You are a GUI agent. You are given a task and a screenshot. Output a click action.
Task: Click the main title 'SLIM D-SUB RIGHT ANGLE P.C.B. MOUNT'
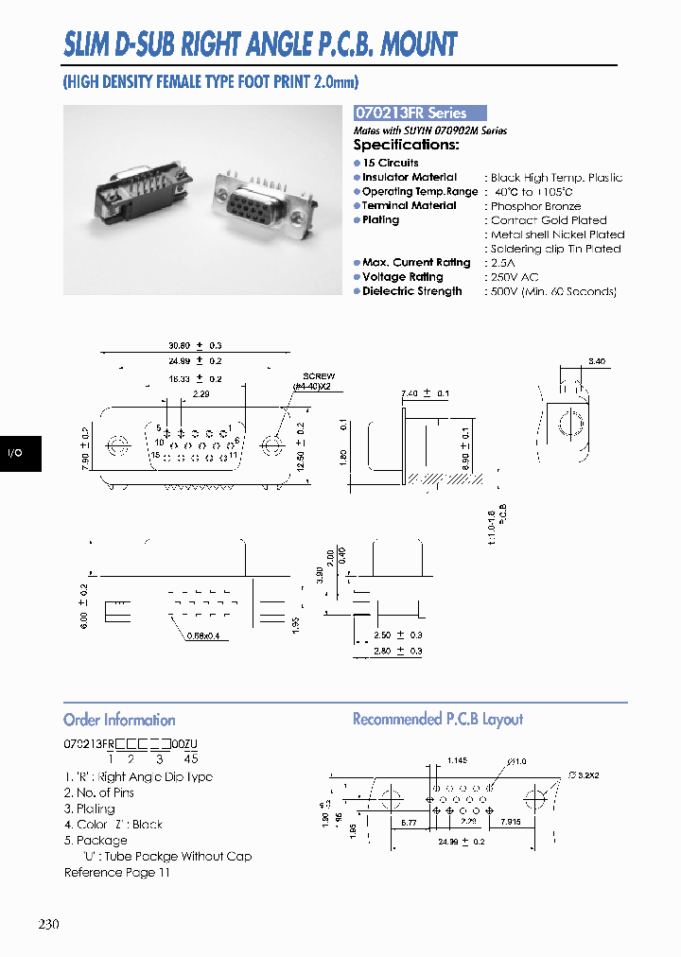(260, 43)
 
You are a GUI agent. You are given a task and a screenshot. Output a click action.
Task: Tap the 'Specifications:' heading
(406, 145)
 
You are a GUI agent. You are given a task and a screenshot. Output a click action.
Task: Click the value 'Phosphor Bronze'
(535, 206)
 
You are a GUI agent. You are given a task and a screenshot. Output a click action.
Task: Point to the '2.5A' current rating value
(504, 263)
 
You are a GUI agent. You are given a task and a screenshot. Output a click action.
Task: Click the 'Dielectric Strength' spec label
(411, 291)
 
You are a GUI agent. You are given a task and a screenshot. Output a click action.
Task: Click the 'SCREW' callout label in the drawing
(319, 376)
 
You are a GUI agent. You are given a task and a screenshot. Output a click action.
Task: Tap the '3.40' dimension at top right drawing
(596, 361)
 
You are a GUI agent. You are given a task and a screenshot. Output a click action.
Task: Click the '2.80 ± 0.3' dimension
(397, 651)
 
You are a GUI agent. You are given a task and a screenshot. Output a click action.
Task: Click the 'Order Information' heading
(119, 720)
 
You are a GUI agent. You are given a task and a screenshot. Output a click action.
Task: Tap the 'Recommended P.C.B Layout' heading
(437, 720)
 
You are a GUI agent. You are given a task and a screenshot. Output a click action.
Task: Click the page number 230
(51, 924)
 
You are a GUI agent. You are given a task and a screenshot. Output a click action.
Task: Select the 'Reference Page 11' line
(116, 872)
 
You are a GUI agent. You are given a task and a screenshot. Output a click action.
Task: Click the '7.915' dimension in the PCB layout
(513, 823)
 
